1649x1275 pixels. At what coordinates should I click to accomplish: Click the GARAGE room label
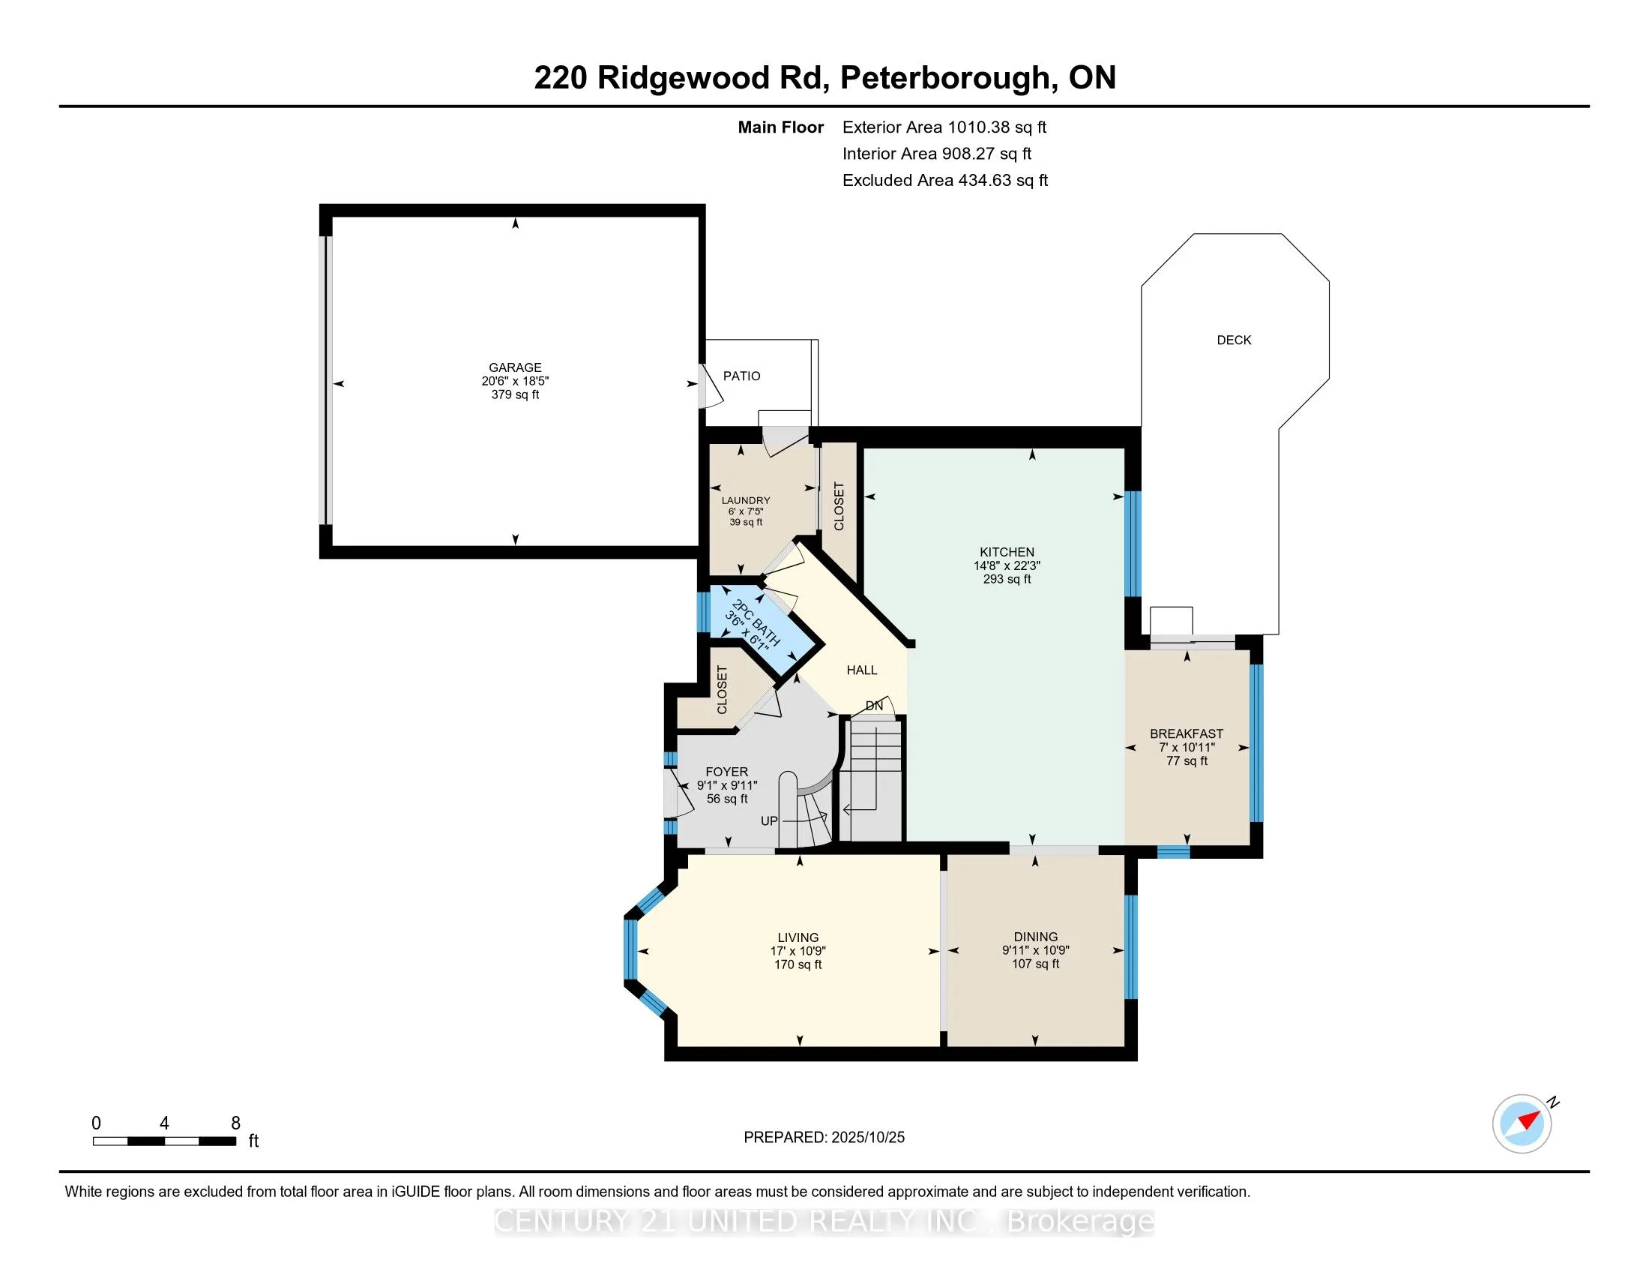515,367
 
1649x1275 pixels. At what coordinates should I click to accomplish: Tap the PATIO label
741,376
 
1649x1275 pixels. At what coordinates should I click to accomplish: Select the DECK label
1234,340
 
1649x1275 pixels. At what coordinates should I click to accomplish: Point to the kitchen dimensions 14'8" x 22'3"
1007,565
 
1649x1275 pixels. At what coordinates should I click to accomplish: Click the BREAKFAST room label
1187,733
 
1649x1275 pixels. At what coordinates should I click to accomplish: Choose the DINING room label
1035,937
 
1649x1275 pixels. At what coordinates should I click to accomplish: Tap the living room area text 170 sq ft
798,964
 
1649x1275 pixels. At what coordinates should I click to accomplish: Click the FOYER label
726,772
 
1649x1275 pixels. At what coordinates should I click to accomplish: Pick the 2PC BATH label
756,623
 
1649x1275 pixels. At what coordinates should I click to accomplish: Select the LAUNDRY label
745,500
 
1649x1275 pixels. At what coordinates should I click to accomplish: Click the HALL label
861,670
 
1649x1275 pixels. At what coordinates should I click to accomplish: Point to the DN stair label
873,706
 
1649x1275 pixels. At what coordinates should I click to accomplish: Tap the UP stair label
768,821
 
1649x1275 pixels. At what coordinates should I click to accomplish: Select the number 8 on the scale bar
235,1123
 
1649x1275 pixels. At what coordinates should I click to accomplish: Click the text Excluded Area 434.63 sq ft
944,181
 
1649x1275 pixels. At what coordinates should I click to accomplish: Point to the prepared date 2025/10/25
866,1138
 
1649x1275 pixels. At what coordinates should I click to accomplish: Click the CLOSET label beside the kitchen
839,506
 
